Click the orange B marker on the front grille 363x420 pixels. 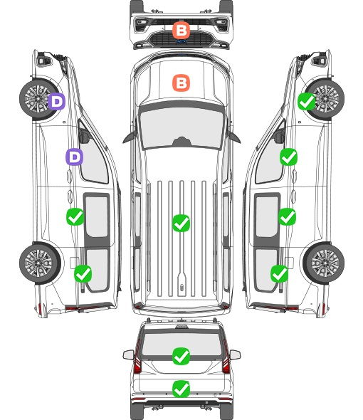pyautogui.click(x=181, y=30)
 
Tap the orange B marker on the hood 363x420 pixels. pyautogui.click(x=181, y=83)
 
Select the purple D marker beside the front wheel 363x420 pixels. pyautogui.click(x=56, y=101)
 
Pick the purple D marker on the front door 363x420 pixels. pyautogui.click(x=75, y=157)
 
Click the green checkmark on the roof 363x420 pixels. pyautogui.click(x=181, y=223)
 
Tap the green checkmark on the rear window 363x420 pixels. pyautogui.click(x=181, y=356)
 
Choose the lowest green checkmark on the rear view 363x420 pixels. pyautogui.click(x=181, y=389)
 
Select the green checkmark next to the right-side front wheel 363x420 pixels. pyautogui.click(x=307, y=102)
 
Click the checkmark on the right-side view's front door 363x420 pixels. pyautogui.click(x=288, y=157)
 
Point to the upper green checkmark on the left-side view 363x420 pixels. pyautogui.click(x=75, y=216)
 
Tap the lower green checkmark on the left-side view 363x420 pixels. pyautogui.click(x=83, y=273)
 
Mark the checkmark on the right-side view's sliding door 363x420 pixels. pyautogui.click(x=287, y=216)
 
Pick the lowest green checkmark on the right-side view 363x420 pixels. pyautogui.click(x=280, y=273)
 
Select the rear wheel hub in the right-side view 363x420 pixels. pyautogui.click(x=325, y=263)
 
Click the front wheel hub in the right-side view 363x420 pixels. pyautogui.click(x=325, y=98)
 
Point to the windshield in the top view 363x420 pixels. pyautogui.click(x=181, y=127)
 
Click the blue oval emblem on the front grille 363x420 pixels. pyautogui.click(x=181, y=41)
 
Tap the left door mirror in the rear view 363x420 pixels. pyautogui.click(x=129, y=355)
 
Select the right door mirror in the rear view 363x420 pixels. pyautogui.click(x=235, y=355)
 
